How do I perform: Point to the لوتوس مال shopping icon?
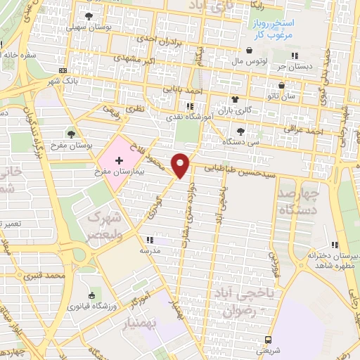[251, 50]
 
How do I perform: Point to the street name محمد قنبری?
[44, 276]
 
